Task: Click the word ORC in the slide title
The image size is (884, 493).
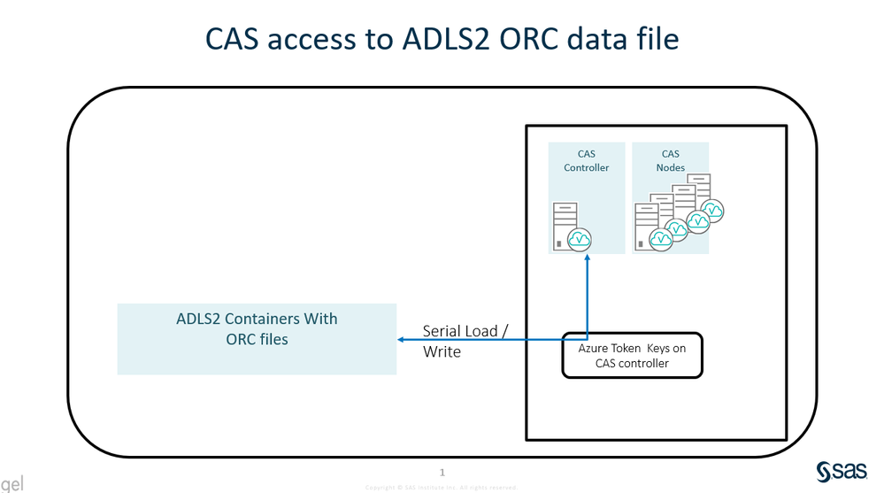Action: click(508, 39)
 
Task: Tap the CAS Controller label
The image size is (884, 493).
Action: click(587, 160)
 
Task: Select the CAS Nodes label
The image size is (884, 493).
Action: click(670, 160)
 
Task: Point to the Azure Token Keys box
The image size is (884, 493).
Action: click(632, 355)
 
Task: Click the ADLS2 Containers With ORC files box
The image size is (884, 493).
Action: click(257, 339)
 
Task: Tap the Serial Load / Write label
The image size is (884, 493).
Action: click(465, 341)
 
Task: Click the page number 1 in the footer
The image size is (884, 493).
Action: click(442, 473)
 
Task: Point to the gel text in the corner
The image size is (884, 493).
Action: click(12, 484)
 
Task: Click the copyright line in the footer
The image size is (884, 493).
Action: click(442, 487)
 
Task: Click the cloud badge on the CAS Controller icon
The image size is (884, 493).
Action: click(580, 239)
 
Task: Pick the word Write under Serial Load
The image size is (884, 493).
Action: click(442, 351)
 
